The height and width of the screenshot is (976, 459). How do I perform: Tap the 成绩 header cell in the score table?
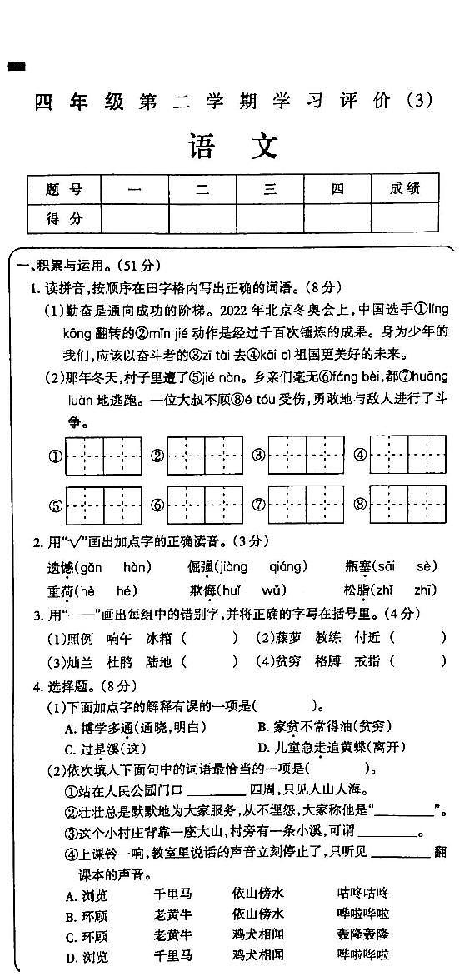pyautogui.click(x=404, y=189)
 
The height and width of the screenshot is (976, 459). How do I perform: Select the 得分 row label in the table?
pyautogui.click(x=64, y=218)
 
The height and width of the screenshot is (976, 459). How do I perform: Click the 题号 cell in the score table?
pyautogui.click(x=64, y=189)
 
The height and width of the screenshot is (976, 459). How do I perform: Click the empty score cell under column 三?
pyautogui.click(x=270, y=218)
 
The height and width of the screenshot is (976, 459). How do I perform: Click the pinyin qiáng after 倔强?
pyautogui.click(x=287, y=567)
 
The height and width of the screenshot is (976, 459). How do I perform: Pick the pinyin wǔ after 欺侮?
pyautogui.click(x=273, y=590)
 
